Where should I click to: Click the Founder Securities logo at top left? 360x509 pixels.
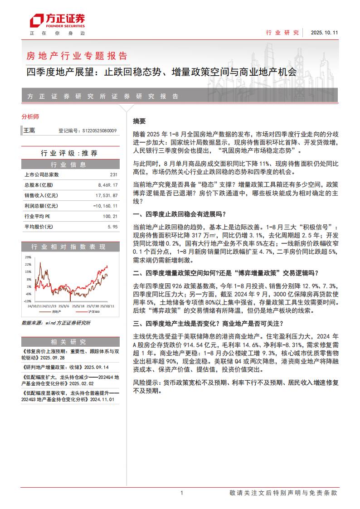[x=57, y=22]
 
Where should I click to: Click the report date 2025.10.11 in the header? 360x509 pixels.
[x=324, y=33]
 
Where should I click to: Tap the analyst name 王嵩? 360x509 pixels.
[x=29, y=131]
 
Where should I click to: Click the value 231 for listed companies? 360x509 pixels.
[x=114, y=175]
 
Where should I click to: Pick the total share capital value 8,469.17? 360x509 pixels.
[x=107, y=185]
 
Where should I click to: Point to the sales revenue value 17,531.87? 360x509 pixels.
[x=107, y=195]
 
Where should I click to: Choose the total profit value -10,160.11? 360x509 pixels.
[x=106, y=206]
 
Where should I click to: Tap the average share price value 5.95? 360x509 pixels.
[x=112, y=227]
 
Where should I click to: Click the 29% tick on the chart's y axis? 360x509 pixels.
[x=28, y=257]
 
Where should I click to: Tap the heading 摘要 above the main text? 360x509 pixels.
[x=139, y=121]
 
